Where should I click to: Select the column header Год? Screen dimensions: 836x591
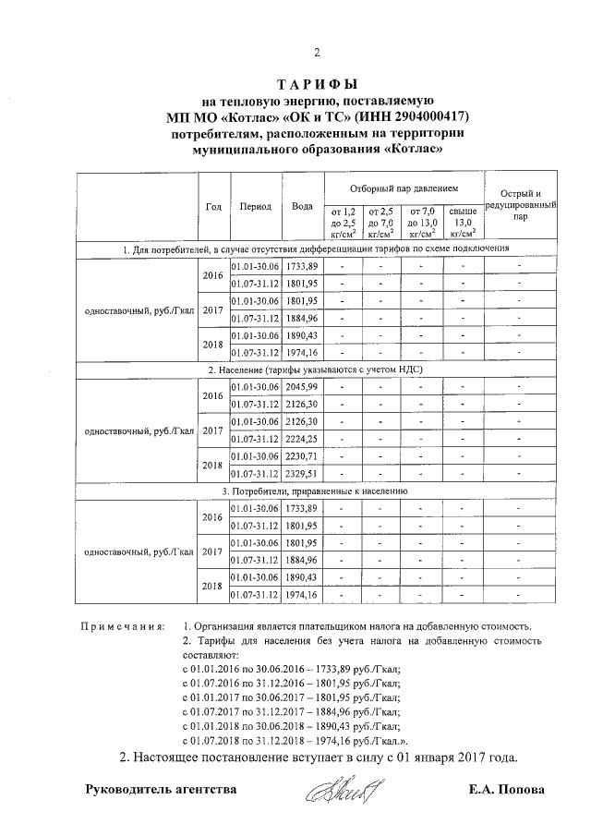pos(212,206)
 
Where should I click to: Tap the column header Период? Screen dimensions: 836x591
pos(254,206)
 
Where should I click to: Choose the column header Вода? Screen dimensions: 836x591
pos(301,206)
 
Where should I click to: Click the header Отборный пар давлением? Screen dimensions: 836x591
pos(403,188)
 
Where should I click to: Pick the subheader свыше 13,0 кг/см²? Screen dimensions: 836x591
pos(463,223)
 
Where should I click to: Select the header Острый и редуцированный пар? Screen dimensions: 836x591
pos(521,204)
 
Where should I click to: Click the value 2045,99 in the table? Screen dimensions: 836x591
pos(301,386)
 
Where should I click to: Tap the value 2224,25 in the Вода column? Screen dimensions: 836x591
pos(301,439)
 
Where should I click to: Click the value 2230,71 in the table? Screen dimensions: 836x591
pos(301,456)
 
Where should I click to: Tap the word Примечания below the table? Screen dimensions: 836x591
pos(123,626)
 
